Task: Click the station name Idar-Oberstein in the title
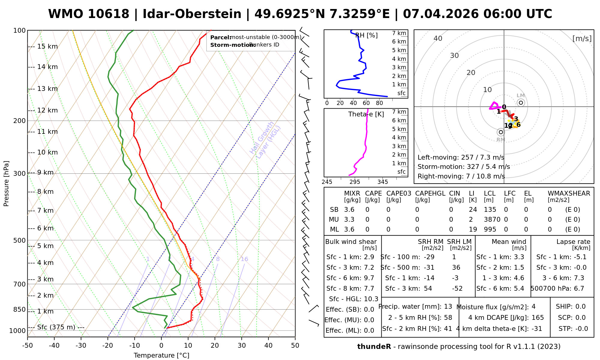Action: [x=192, y=14]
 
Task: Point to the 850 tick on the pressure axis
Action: [x=20, y=309]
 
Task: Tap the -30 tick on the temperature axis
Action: [x=81, y=346]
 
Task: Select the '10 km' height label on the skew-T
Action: [x=47, y=152]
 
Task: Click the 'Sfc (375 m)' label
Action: [x=56, y=327]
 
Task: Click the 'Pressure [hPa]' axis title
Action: [x=6, y=184]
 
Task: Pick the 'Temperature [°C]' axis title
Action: [x=161, y=355]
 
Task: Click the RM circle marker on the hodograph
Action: [x=501, y=132]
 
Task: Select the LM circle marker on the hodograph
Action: [x=521, y=103]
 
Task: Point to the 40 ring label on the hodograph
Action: [x=438, y=38]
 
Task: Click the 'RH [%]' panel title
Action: [x=366, y=35]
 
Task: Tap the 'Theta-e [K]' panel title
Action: [x=366, y=114]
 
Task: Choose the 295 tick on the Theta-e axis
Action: [x=355, y=182]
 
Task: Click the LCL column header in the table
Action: [x=490, y=193]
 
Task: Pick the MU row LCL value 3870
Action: [x=492, y=220]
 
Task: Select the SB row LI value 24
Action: [x=473, y=210]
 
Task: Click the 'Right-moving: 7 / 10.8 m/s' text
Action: [x=461, y=176]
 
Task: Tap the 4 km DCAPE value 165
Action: [x=538, y=318]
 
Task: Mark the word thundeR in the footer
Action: [x=374, y=347]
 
